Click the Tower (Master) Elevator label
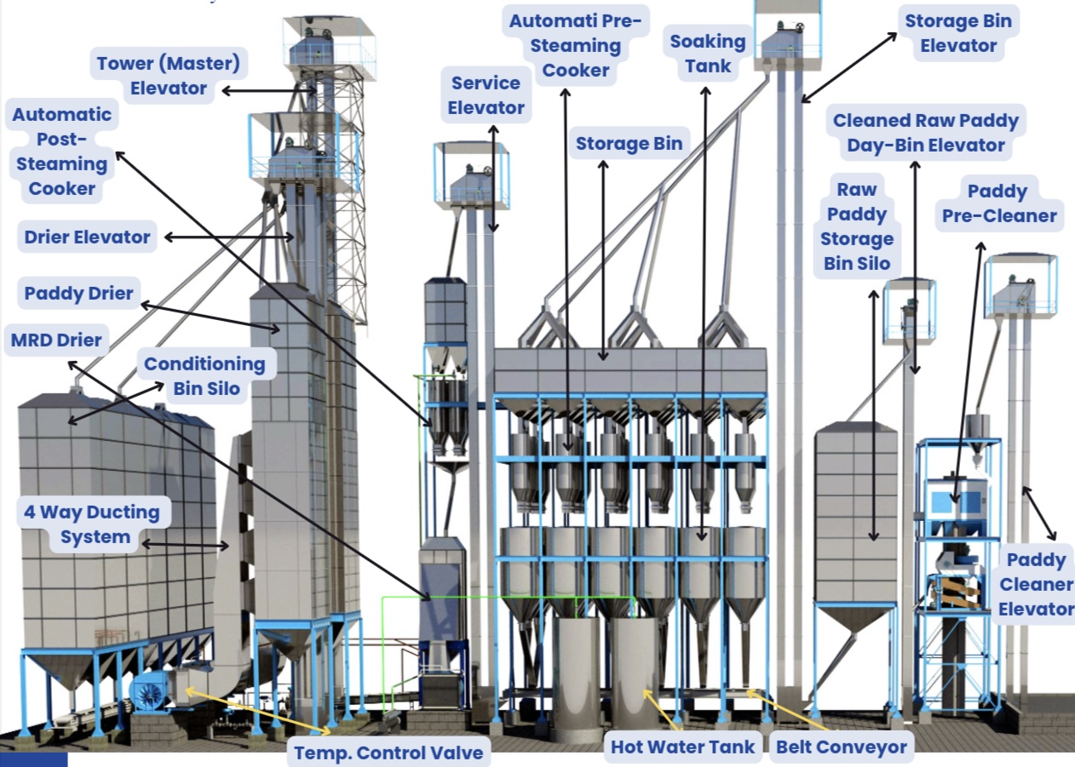(x=168, y=76)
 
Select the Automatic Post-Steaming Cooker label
(x=61, y=152)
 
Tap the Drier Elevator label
(x=88, y=238)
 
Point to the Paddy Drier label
(x=79, y=294)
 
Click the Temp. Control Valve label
(x=388, y=753)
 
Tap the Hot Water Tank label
(x=683, y=747)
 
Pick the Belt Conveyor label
(x=842, y=747)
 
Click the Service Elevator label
(x=486, y=95)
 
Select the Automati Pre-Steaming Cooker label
(x=576, y=45)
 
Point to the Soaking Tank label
(x=707, y=53)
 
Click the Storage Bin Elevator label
(x=958, y=33)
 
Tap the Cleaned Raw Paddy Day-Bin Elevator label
(x=926, y=133)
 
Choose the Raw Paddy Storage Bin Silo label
(x=856, y=226)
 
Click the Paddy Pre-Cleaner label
(x=998, y=203)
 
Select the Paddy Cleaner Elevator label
(x=1036, y=584)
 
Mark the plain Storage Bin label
(x=629, y=144)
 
